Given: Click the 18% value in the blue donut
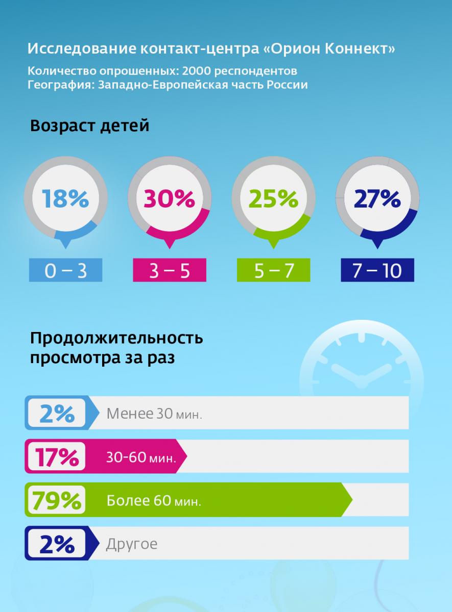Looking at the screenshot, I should [x=65, y=198].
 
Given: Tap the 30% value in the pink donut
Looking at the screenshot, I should [x=169, y=198].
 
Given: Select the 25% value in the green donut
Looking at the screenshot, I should [x=273, y=198].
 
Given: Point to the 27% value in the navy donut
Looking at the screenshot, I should [x=377, y=198].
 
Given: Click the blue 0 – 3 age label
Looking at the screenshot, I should [x=65, y=271].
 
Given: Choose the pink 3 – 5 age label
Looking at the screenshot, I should [x=170, y=271].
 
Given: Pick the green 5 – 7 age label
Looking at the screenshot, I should [x=274, y=271].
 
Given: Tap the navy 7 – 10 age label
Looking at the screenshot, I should [x=377, y=271].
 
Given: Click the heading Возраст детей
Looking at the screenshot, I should [x=90, y=125].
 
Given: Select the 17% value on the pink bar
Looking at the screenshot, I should [x=57, y=456].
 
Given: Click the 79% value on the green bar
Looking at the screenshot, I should [x=57, y=500].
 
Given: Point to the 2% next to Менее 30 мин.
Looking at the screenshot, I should [x=57, y=413].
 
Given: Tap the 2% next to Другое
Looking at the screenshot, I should [x=57, y=544].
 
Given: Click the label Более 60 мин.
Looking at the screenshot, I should [x=154, y=501].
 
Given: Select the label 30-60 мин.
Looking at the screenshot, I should [x=141, y=457].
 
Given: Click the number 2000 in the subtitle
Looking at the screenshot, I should [x=196, y=70].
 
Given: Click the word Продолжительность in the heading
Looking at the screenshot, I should [x=117, y=338].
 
